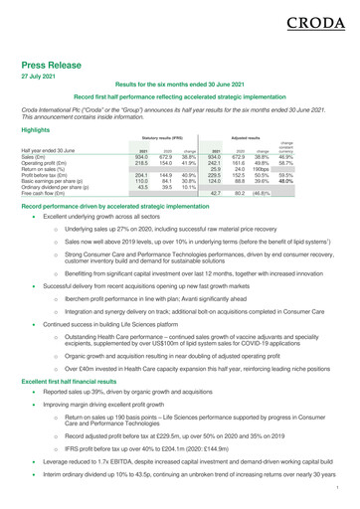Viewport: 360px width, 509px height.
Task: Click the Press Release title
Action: [62, 62]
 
